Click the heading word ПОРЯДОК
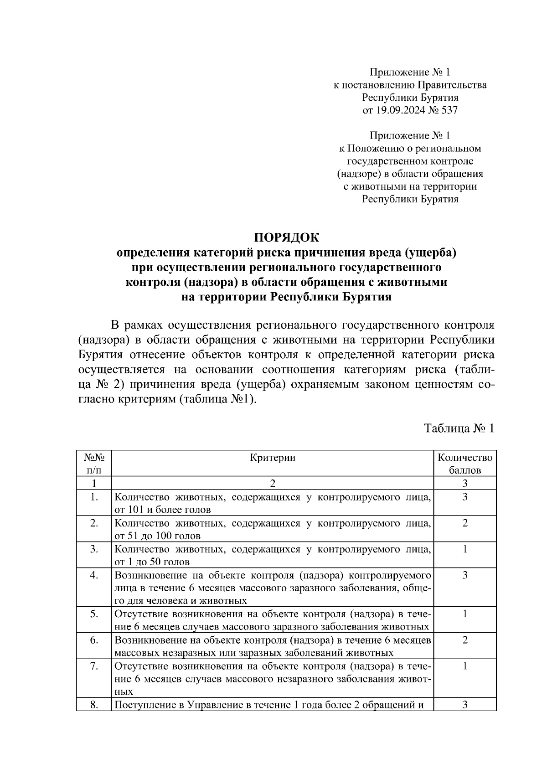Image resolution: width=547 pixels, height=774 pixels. pyautogui.click(x=287, y=237)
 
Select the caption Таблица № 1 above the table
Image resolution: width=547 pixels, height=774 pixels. pyautogui.click(x=459, y=428)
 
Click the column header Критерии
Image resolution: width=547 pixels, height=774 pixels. pyautogui.click(x=273, y=458)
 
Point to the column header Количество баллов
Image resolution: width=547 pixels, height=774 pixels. pyautogui.click(x=464, y=464)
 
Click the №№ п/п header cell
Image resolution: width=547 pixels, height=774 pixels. pyautogui.click(x=94, y=464)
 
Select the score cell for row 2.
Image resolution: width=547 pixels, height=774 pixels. pyautogui.click(x=464, y=523)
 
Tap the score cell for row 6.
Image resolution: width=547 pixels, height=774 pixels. pyautogui.click(x=464, y=640)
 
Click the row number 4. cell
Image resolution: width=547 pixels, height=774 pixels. pyautogui.click(x=94, y=575)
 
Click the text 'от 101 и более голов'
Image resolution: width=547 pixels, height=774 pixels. pyautogui.click(x=162, y=510)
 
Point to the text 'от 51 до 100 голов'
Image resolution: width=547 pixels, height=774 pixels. pyautogui.click(x=157, y=536)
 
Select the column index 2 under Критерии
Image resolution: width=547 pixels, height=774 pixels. pyautogui.click(x=273, y=483)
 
